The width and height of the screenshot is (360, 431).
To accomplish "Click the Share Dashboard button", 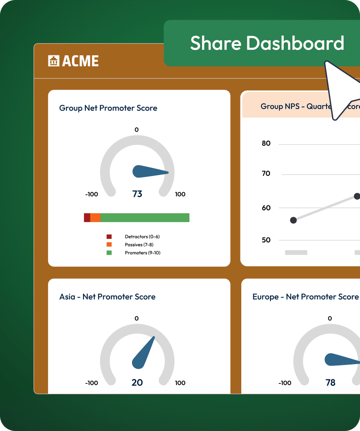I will [x=267, y=43].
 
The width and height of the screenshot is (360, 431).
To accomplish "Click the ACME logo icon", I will [x=53, y=61].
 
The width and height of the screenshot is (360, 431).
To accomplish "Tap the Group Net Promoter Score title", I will [x=108, y=108].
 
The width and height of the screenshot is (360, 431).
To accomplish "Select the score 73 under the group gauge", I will [x=137, y=194].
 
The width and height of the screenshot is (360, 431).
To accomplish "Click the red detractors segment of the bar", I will [x=87, y=217].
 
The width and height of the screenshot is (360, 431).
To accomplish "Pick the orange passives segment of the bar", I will [x=95, y=217].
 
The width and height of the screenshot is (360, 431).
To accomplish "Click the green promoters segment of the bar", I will [x=145, y=217].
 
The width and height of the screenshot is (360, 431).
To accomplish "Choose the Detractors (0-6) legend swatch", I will [x=109, y=236].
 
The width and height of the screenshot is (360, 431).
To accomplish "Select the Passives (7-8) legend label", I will [x=139, y=244].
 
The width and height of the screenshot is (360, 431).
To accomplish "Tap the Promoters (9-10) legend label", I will [x=142, y=253].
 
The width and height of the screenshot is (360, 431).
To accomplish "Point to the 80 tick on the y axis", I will [x=266, y=143].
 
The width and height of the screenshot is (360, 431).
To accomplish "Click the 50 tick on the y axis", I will [x=266, y=240].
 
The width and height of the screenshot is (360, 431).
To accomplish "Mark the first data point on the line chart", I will [x=293, y=220].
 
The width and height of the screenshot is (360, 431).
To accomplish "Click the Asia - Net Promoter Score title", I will [x=107, y=297].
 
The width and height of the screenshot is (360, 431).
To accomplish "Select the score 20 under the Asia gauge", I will [x=137, y=383].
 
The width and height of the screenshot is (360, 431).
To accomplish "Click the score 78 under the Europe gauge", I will [x=330, y=383].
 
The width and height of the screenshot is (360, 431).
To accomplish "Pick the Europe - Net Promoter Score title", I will [x=305, y=297].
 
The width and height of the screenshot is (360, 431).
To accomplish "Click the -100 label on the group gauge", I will [x=92, y=194].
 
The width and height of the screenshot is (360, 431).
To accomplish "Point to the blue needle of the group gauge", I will [x=148, y=172].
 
